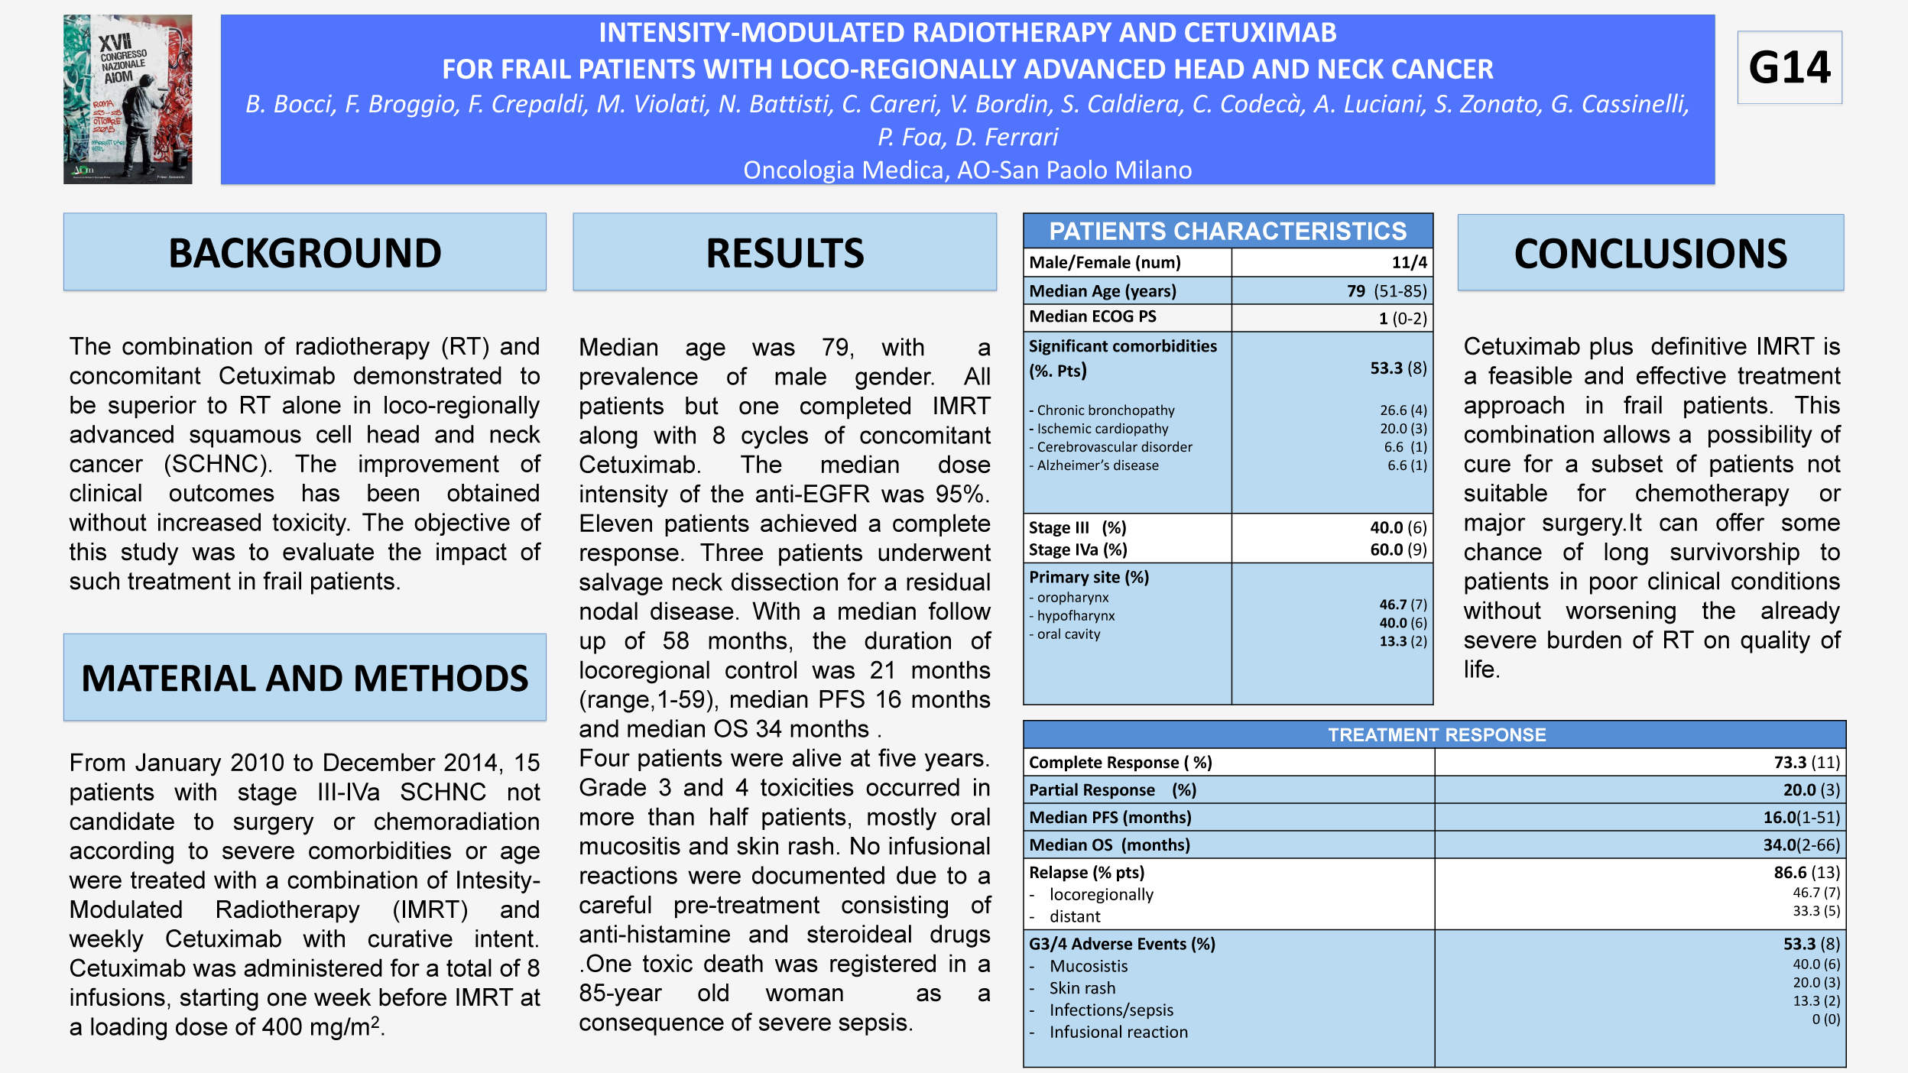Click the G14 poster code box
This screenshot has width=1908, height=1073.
tap(1789, 67)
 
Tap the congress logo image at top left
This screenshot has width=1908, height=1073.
tap(128, 99)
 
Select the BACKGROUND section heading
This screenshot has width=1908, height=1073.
tap(304, 253)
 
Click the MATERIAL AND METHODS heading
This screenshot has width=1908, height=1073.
tap(304, 678)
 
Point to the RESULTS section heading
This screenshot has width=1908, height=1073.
tap(784, 253)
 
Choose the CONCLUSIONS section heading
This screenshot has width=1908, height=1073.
tap(1650, 253)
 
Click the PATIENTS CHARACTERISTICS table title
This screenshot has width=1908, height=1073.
tap(1227, 231)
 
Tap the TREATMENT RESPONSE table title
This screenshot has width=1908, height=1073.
tap(1436, 734)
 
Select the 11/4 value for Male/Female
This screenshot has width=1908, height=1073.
tap(1409, 263)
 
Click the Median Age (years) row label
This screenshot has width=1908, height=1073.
tap(1102, 291)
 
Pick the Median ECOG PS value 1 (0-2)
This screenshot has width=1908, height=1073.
tap(1403, 319)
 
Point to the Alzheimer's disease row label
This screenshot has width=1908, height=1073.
tap(1097, 465)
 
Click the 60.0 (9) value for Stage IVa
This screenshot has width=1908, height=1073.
tap(1398, 549)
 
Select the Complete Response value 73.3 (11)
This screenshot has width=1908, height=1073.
tap(1806, 763)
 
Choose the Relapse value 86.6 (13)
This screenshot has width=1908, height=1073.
tap(1806, 873)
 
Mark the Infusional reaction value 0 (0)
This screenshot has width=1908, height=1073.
tap(1825, 1020)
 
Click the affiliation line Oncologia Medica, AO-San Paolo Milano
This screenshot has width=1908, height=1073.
tap(967, 170)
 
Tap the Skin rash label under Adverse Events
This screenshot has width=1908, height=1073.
tap(1082, 988)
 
